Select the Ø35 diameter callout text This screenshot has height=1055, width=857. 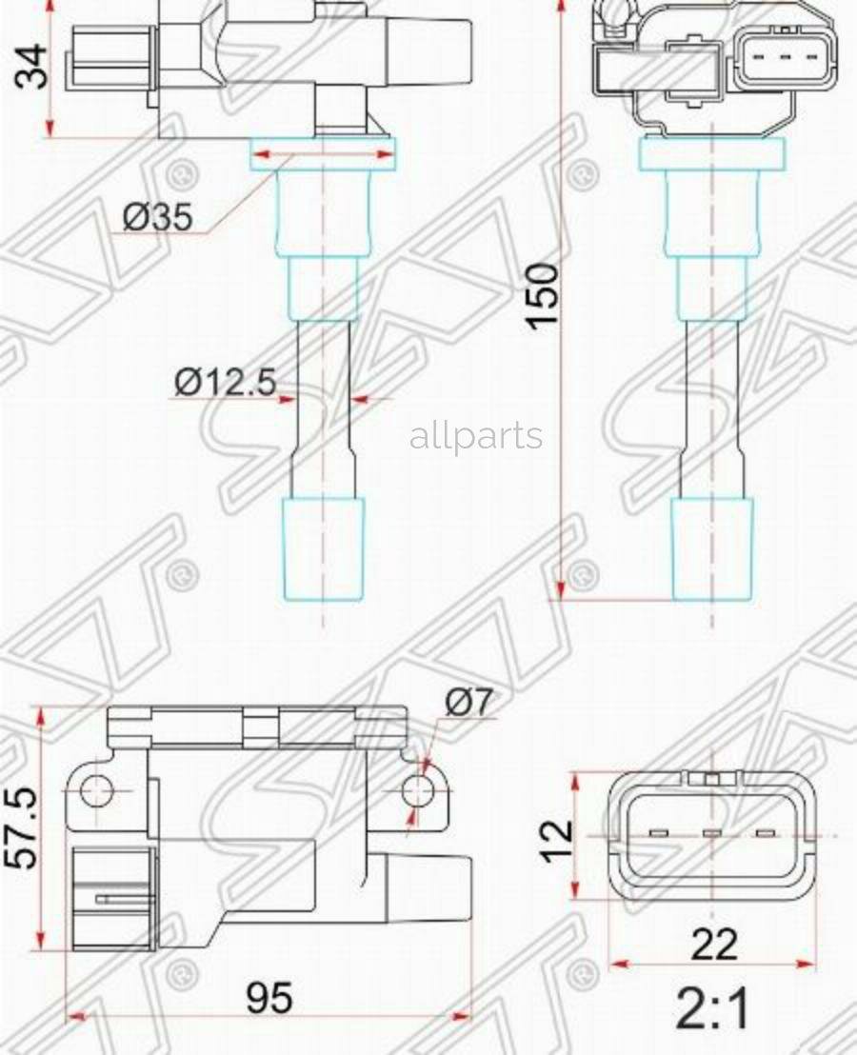(157, 218)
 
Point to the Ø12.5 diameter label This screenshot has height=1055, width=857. (225, 383)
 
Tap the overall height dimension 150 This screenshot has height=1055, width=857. (544, 296)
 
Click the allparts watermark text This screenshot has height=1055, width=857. (476, 437)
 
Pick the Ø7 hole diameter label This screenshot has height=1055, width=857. (468, 703)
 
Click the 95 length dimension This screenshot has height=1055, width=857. (269, 999)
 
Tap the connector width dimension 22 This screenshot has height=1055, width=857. (713, 944)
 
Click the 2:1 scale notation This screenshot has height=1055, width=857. (713, 1009)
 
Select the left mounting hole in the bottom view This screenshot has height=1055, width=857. (96, 790)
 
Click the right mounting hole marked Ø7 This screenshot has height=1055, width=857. (415, 790)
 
